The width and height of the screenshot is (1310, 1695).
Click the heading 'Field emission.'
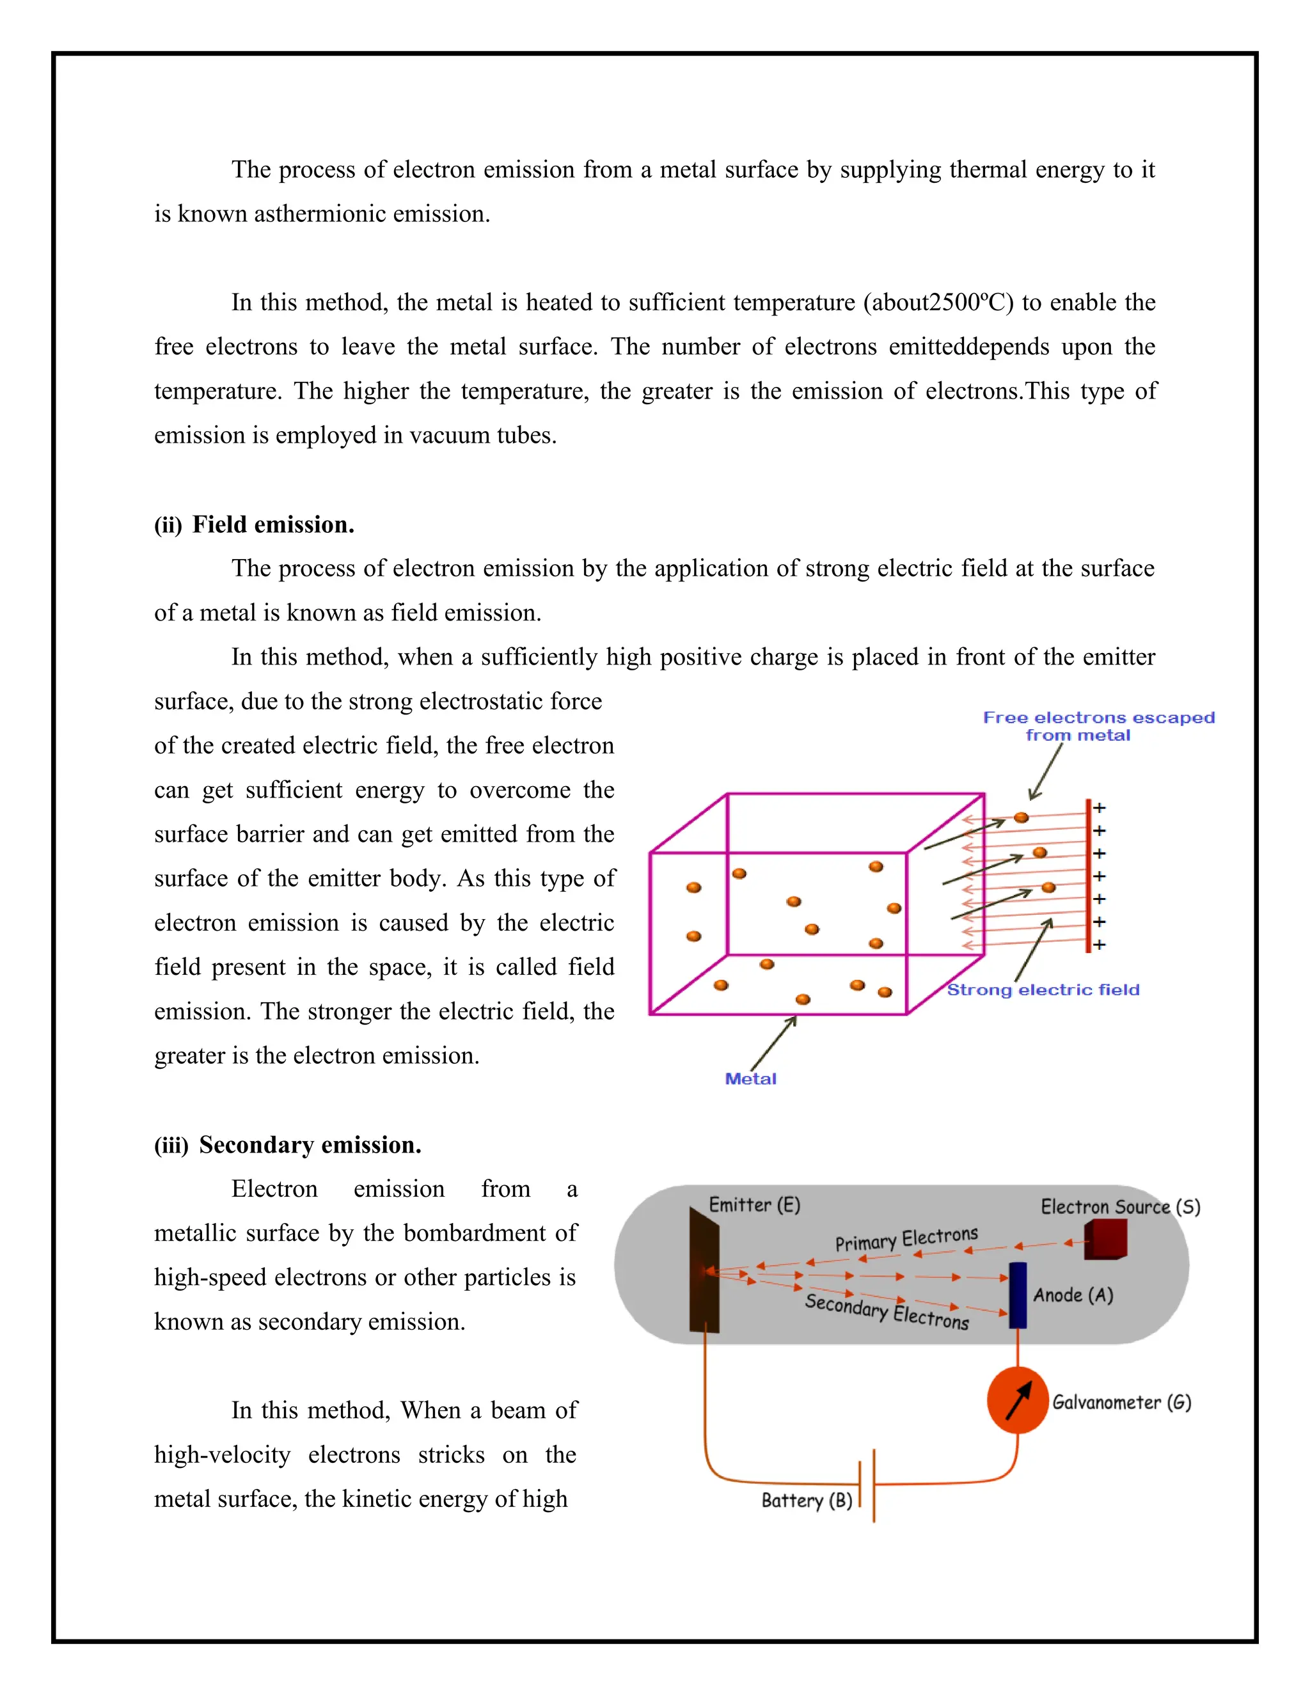273,524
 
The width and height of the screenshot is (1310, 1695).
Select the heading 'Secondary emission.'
310,1145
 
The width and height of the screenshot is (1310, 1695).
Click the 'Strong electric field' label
1043,989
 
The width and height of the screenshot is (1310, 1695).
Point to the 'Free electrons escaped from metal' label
1098,727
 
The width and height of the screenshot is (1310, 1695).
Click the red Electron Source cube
1105,1240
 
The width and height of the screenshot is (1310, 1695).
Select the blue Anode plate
1018,1295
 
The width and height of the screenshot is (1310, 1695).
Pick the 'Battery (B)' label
807,1500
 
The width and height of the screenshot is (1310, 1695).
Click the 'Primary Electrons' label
906,1239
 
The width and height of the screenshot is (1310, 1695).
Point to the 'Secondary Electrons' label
887,1311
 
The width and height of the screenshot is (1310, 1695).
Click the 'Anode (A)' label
1073,1295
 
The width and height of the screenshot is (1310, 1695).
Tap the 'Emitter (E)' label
754,1204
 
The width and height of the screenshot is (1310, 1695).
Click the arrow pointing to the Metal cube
773,1044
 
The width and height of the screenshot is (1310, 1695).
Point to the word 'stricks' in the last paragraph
451,1455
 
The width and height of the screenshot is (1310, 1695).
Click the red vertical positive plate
1088,876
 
